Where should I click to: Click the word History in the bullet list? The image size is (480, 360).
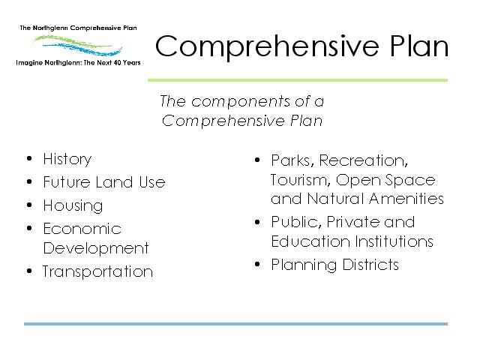pos(67,160)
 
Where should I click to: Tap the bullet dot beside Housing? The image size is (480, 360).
pos(29,205)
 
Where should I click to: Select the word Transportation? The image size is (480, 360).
pos(97,271)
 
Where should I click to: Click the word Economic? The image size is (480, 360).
pos(82,229)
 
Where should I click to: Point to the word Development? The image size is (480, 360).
pos(96,248)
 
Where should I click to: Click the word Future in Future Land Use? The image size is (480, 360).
pos(67,181)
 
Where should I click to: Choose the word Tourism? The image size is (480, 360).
pos(301,180)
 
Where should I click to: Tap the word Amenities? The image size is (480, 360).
pos(406,198)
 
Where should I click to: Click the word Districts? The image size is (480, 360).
pos(370,265)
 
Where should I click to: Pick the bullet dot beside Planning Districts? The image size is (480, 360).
pos(257,264)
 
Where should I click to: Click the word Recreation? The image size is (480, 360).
pos(363,160)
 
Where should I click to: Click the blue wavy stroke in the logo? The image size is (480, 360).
pos(82,49)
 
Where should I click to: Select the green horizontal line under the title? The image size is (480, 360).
pos(298,80)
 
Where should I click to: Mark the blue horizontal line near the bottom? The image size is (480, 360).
pos(235,324)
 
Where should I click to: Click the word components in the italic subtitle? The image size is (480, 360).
pos(241,102)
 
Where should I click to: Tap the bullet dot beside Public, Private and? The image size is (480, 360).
pos(257,222)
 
